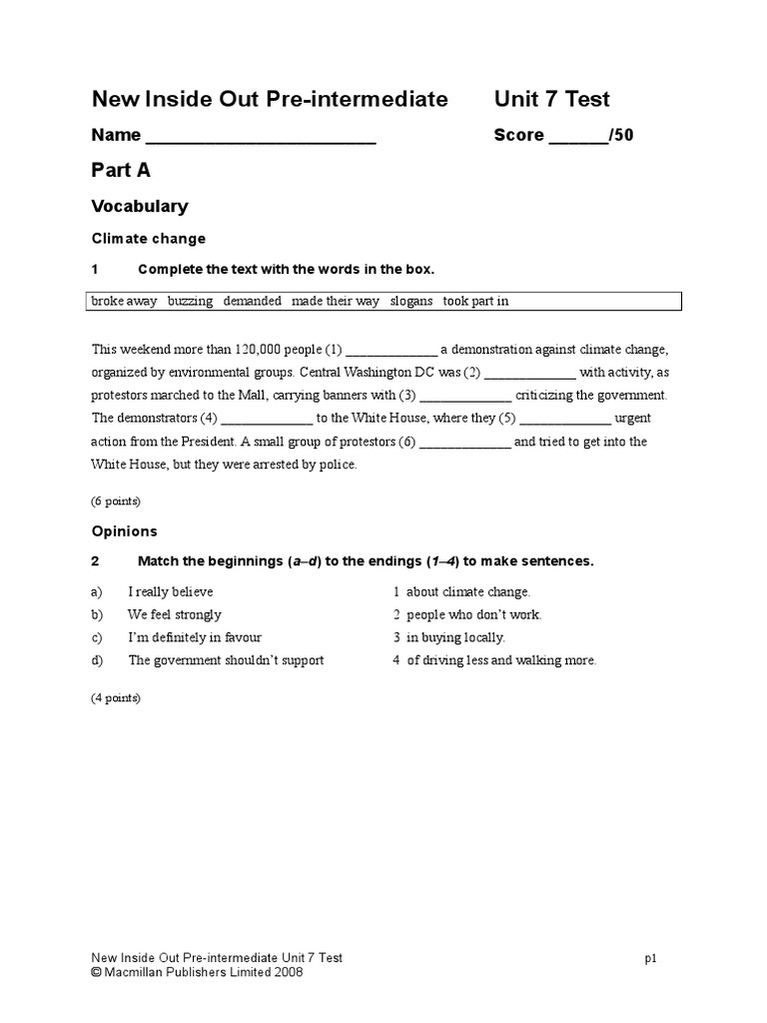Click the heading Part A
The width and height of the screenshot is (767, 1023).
coord(121,171)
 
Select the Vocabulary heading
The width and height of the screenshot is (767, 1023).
coord(140,207)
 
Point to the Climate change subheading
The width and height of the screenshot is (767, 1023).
coord(149,239)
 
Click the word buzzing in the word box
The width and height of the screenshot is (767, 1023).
coord(190,301)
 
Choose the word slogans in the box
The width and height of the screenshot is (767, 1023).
coord(411,301)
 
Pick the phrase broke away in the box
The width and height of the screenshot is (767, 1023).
coord(124,301)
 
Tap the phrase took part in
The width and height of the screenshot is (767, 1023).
coord(476,301)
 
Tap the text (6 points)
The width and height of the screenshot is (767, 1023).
coord(116,501)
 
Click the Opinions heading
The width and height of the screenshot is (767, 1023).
coord(125,531)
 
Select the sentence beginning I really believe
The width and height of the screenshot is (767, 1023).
coord(171,592)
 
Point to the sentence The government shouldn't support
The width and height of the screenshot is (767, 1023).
coord(226,660)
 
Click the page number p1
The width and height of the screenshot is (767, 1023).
coord(649,958)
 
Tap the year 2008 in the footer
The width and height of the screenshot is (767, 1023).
coord(288,972)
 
